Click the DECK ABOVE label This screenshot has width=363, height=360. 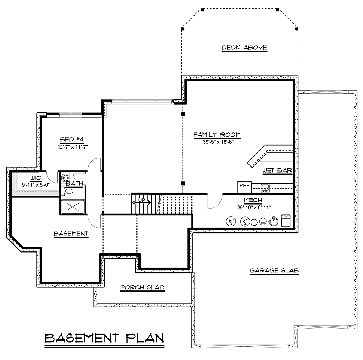[x=244, y=48]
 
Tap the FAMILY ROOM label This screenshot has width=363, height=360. [x=217, y=134]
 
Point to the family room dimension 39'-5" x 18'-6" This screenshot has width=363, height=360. [x=218, y=142]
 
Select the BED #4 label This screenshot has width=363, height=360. [x=72, y=140]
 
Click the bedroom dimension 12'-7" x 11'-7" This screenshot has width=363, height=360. [x=73, y=147]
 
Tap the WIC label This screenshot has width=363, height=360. [x=36, y=178]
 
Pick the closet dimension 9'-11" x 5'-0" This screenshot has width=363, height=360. [x=36, y=185]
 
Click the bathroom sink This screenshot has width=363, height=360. [x=65, y=178]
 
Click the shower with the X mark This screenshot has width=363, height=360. [x=73, y=207]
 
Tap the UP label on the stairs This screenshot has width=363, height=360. [x=142, y=200]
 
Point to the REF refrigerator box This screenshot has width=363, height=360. [x=244, y=187]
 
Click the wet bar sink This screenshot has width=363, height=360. [x=265, y=188]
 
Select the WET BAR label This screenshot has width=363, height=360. [x=277, y=170]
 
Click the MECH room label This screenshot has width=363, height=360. [x=253, y=200]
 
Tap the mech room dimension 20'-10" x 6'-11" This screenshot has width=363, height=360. [x=254, y=207]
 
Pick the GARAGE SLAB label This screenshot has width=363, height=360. [x=274, y=271]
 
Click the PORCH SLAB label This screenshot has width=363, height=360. [x=142, y=287]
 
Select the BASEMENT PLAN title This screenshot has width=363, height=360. [x=104, y=338]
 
